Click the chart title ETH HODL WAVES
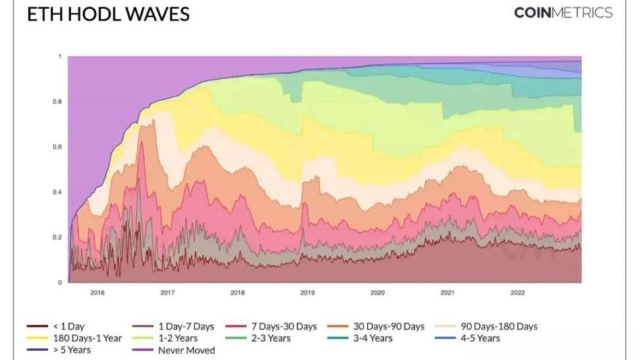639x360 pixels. pyautogui.click(x=108, y=14)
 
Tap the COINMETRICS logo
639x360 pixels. pyautogui.click(x=563, y=13)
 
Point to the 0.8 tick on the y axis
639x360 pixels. pyautogui.click(x=57, y=102)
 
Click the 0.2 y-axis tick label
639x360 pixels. pyautogui.click(x=57, y=237)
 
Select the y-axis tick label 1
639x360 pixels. pyautogui.click(x=60, y=56)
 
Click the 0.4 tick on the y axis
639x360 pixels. pyautogui.click(x=57, y=192)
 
